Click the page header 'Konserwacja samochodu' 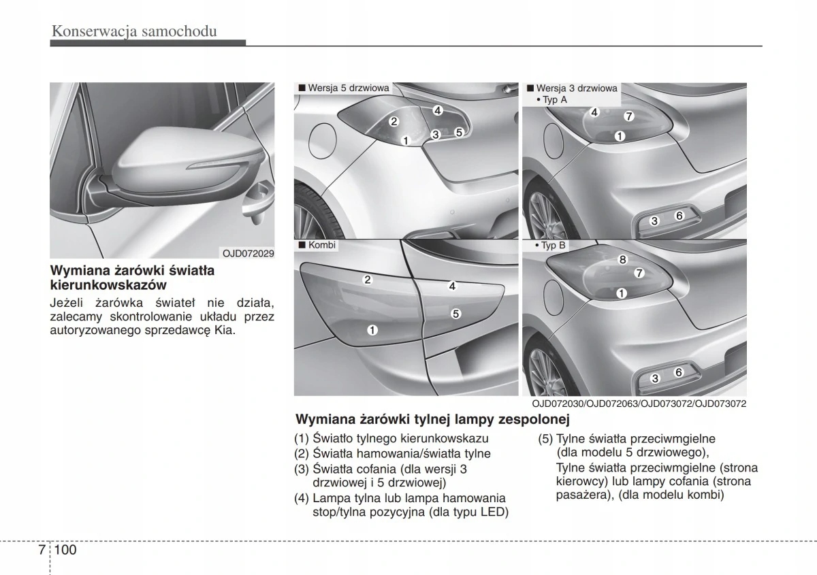coord(133,31)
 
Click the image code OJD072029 coord(249,253)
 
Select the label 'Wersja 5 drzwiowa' coord(348,88)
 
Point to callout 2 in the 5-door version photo coord(394,122)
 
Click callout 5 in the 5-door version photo coord(459,132)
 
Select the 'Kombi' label coord(322,245)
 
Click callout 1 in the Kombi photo coord(373,330)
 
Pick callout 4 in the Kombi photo coord(452,286)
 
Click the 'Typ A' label coord(554,99)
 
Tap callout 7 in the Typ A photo coord(629,116)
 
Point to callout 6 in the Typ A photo coord(679,216)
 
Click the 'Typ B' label coord(554,245)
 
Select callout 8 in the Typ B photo coord(622,260)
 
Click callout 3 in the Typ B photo coord(655,378)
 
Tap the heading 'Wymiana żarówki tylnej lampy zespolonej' coord(432,418)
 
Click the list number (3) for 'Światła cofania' coord(302,470)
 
